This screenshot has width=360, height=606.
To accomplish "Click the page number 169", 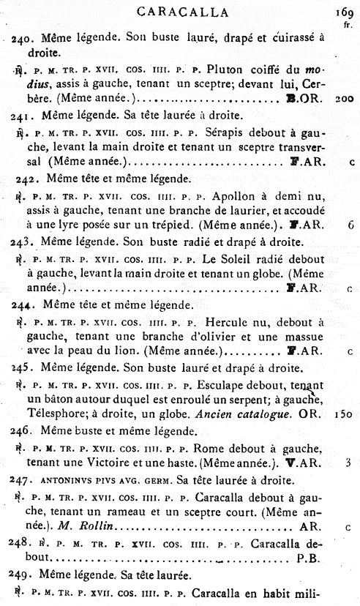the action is click(x=342, y=11).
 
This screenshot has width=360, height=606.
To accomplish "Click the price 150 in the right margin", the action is click(x=344, y=415).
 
